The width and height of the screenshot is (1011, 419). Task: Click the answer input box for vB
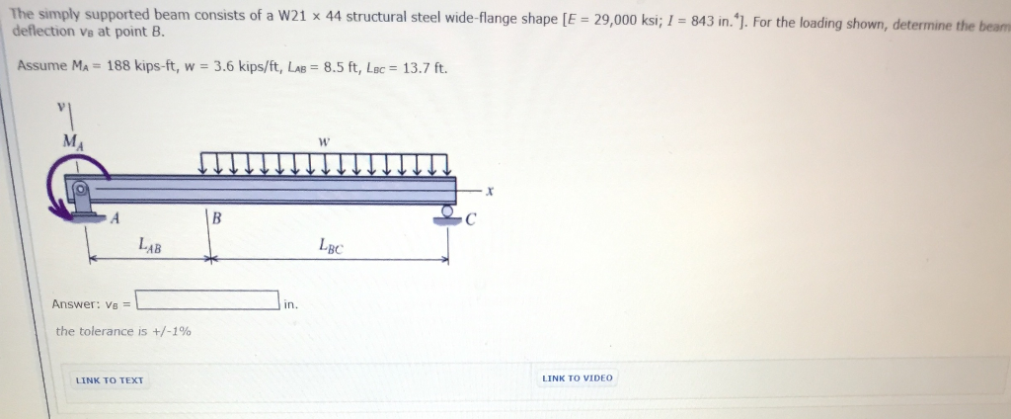click(x=207, y=299)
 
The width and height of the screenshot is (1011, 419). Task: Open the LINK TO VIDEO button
click(x=578, y=378)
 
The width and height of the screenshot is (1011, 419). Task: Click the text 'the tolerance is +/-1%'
click(x=123, y=331)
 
